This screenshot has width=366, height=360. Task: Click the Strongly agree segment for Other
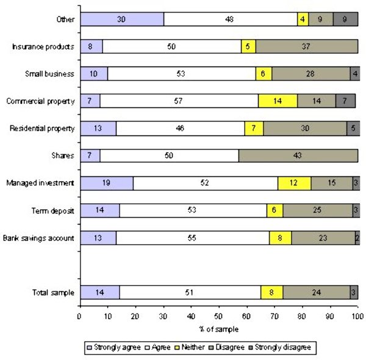122,19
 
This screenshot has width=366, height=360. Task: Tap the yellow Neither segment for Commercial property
278,101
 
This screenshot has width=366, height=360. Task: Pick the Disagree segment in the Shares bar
298,156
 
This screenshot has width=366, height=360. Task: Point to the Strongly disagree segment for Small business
354,74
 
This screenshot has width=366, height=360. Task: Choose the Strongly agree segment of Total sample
99,292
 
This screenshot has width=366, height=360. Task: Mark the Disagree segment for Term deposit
317,211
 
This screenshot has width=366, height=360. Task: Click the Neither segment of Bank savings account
280,237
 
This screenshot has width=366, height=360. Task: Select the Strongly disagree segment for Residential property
352,128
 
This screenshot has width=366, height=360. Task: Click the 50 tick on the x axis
218,316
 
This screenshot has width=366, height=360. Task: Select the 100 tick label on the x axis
357,316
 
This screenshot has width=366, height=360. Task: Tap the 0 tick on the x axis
79,316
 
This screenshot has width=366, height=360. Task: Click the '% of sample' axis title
218,329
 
